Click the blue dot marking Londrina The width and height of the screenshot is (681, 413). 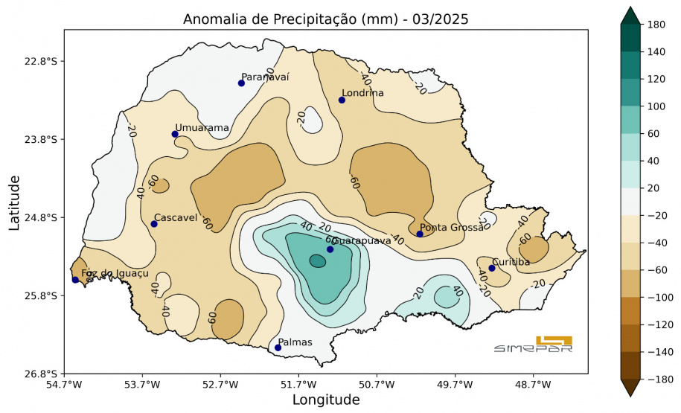[342, 100]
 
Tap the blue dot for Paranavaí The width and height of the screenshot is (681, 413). [241, 83]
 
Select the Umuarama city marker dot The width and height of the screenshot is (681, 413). [175, 134]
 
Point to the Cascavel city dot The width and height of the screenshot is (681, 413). [154, 224]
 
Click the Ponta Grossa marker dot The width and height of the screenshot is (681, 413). [420, 234]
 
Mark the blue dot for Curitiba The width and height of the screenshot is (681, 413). [492, 268]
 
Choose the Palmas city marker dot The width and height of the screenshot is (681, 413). [278, 348]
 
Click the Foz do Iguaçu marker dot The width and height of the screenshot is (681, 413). [75, 280]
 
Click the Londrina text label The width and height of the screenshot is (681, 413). [363, 93]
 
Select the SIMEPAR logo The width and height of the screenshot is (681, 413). [534, 344]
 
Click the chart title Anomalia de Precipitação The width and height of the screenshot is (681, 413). [325, 19]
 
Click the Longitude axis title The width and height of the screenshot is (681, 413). [325, 400]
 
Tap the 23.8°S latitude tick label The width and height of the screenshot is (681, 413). [41, 139]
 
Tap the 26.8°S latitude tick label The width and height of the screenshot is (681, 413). [41, 374]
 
